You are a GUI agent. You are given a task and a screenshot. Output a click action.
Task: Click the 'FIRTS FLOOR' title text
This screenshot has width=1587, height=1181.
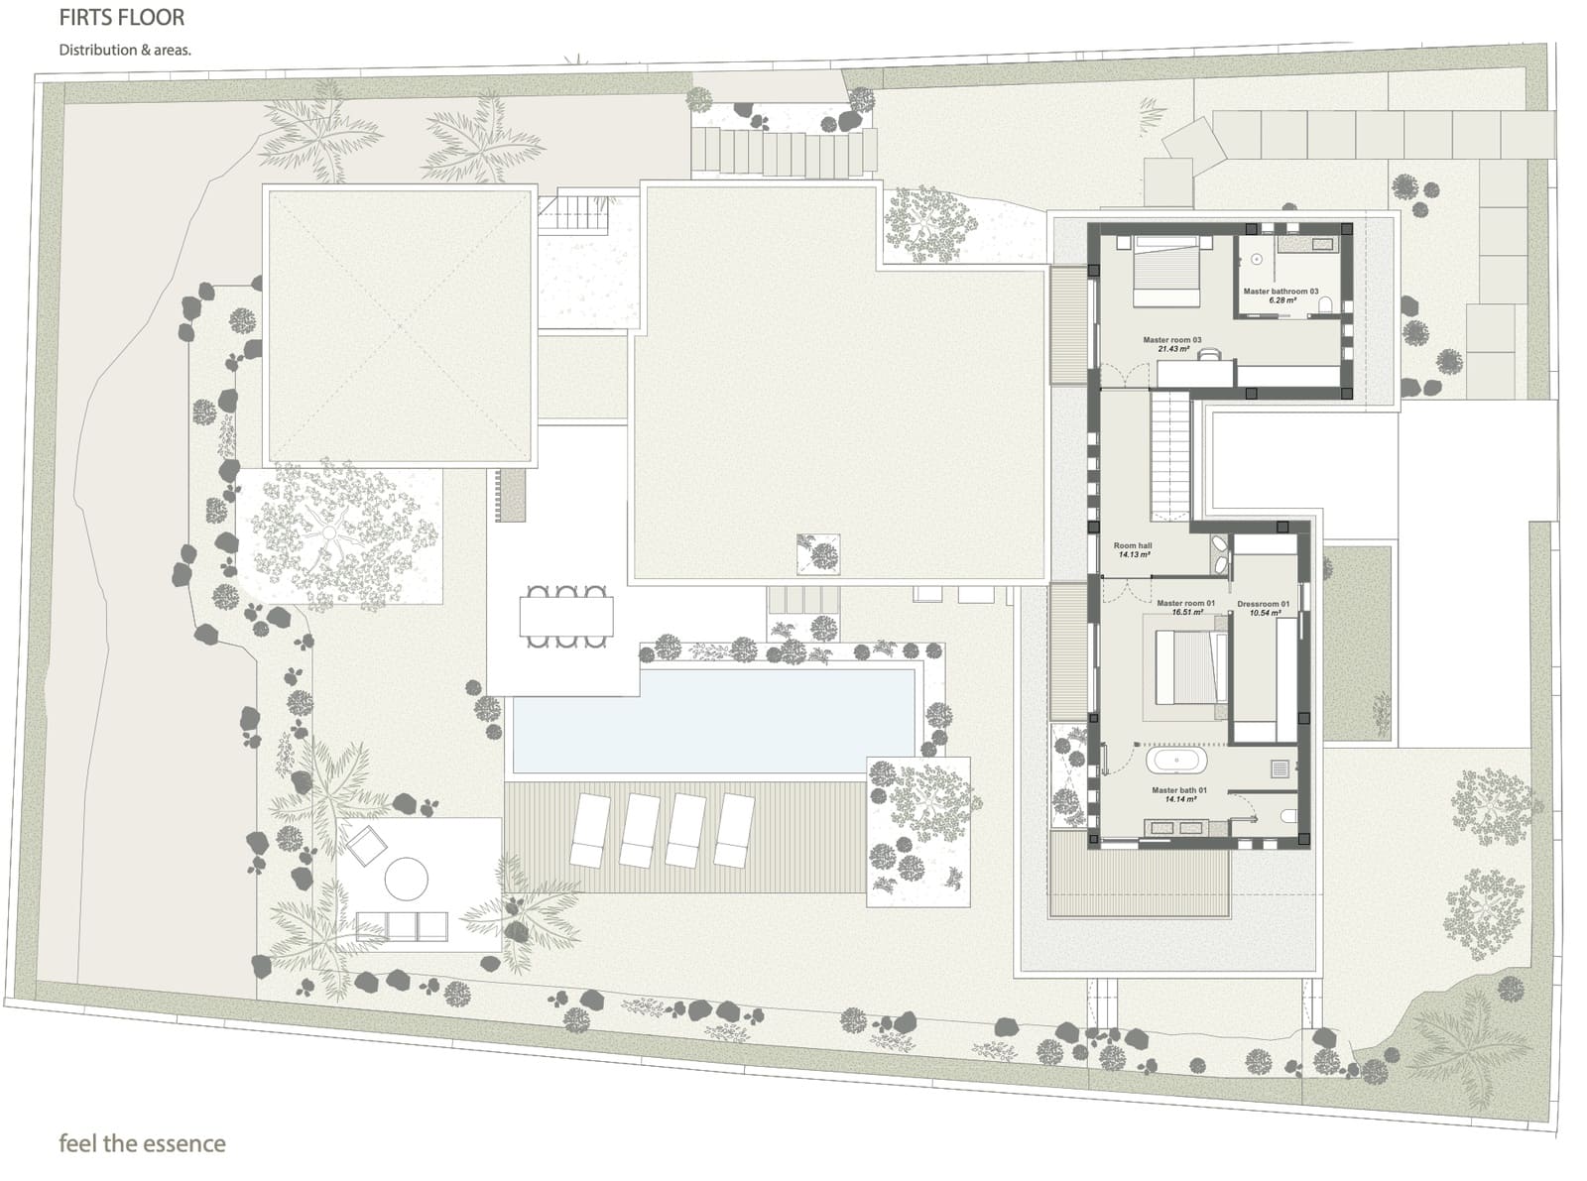pos(122,18)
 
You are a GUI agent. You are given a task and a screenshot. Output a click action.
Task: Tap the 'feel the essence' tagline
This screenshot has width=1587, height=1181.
pos(142,1143)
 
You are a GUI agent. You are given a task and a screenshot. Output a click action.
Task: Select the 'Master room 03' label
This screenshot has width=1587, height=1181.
pos(1171,340)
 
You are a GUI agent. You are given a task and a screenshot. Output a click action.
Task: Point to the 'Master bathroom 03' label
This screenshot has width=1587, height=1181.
pos(1281,292)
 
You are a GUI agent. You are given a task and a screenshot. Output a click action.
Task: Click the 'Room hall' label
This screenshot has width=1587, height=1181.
pos(1133,545)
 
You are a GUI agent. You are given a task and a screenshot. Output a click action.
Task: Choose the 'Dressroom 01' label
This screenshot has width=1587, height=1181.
pos(1263,604)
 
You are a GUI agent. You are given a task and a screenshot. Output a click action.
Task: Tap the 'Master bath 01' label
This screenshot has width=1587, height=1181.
pos(1178,790)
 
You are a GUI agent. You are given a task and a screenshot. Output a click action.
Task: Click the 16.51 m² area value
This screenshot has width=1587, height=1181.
pos(1187,613)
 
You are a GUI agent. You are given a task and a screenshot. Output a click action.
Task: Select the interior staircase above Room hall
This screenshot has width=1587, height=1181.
pos(1170,453)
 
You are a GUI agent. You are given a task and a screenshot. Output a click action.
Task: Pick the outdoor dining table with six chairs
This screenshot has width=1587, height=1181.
pos(565,617)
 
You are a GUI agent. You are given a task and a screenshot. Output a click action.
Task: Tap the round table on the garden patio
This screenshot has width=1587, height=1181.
pos(406,877)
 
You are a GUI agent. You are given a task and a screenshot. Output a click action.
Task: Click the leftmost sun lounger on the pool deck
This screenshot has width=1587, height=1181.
pos(593,829)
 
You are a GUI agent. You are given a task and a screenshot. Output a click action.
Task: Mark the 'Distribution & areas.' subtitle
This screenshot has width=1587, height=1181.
pos(124,50)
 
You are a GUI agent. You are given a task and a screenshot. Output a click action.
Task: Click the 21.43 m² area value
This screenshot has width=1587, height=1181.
pos(1171,349)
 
